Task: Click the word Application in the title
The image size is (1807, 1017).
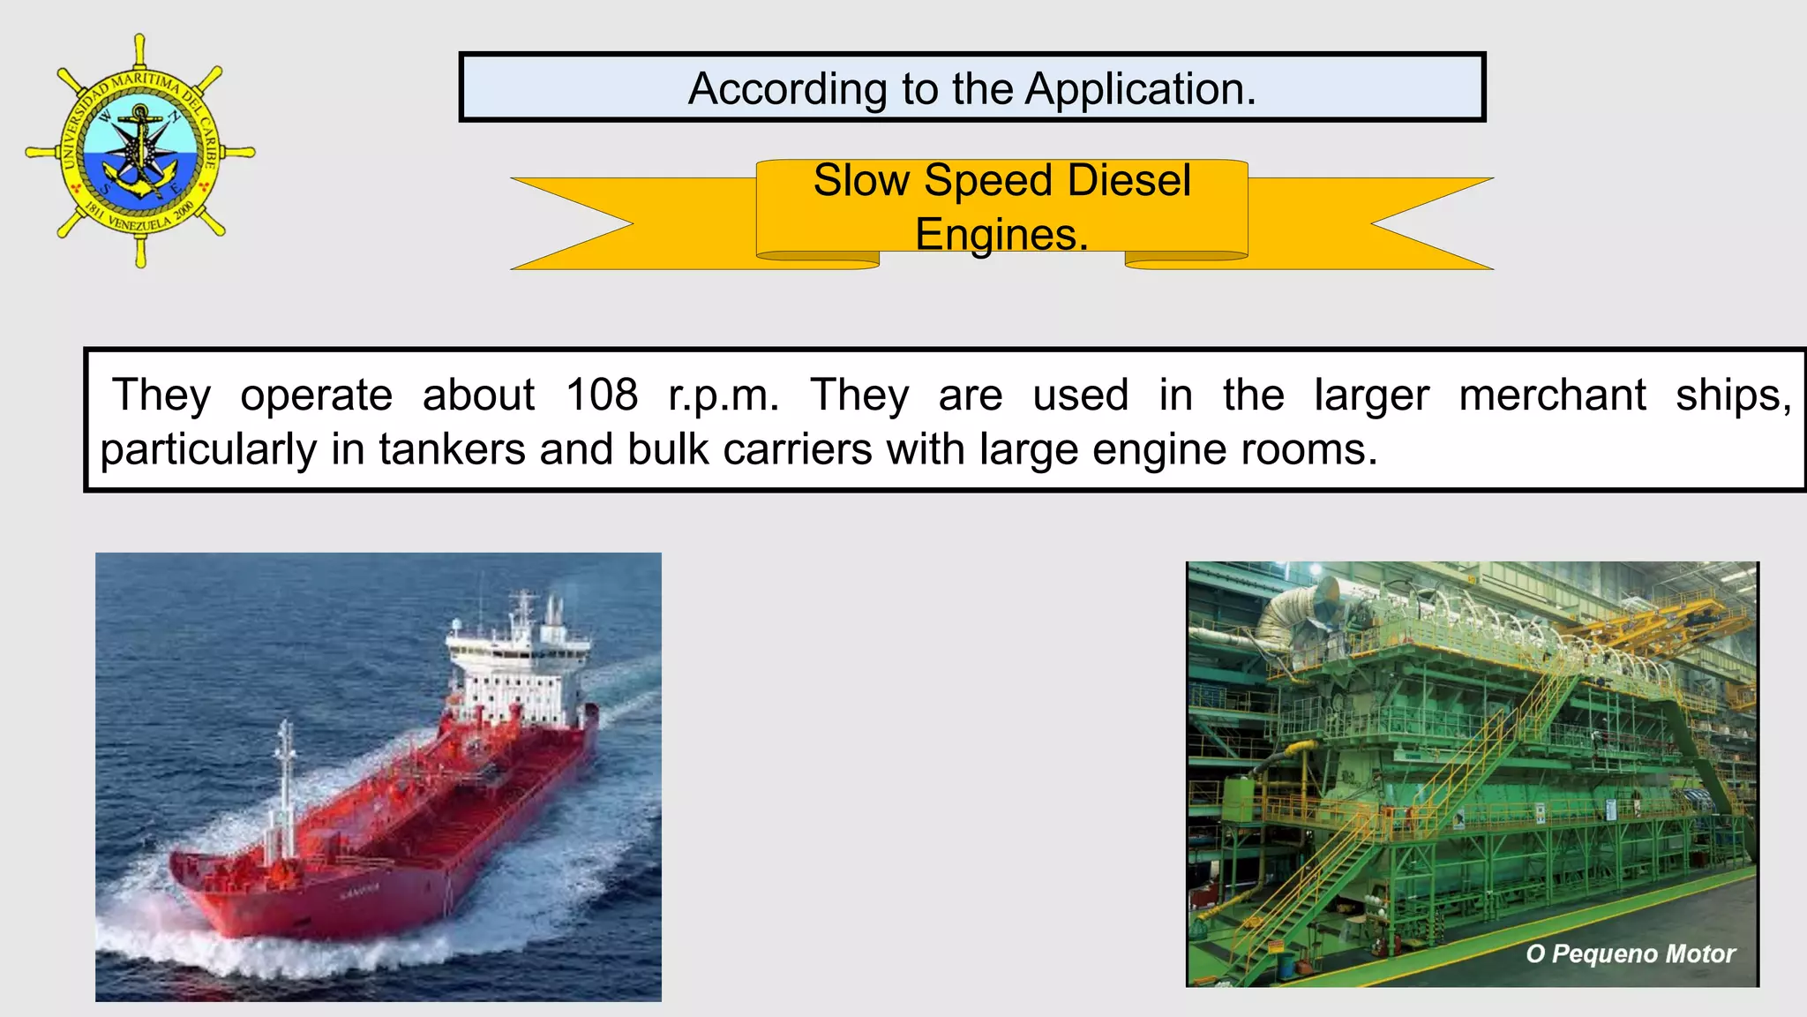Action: tap(1140, 89)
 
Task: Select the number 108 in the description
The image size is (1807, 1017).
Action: tap(602, 395)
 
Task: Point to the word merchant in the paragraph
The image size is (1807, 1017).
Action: tap(1552, 395)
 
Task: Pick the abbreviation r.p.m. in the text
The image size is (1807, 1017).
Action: tap(724, 396)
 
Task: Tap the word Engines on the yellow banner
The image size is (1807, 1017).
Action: tap(1001, 235)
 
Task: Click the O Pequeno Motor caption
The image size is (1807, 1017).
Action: tap(1630, 953)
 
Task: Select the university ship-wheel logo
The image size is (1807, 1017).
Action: tap(140, 151)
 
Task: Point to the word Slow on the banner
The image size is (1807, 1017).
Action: tap(861, 181)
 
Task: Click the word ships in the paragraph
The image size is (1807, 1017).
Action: tap(1733, 395)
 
